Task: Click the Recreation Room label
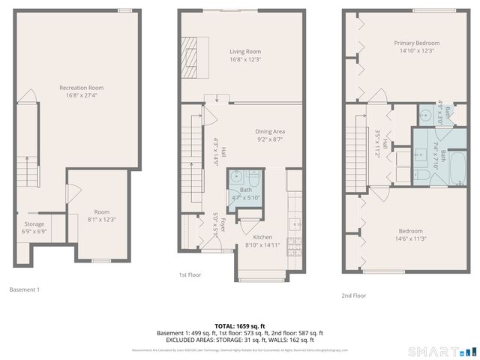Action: click(x=81, y=91)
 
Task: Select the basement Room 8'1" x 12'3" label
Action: click(x=100, y=216)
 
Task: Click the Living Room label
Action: click(x=245, y=55)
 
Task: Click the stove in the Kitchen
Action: click(x=295, y=244)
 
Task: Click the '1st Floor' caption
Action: click(x=190, y=275)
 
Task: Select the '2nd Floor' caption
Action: click(x=354, y=295)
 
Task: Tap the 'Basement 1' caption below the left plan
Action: click(x=25, y=289)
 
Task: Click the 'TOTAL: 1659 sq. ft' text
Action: click(x=239, y=326)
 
